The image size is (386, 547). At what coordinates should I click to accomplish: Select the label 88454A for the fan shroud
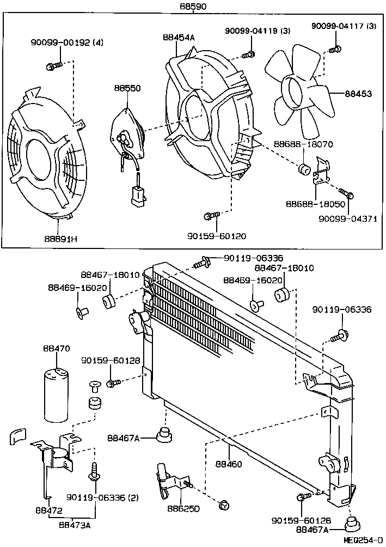coord(179,38)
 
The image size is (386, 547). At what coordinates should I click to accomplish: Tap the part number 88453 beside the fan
coord(358,94)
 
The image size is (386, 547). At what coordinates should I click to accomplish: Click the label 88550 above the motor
coord(127,88)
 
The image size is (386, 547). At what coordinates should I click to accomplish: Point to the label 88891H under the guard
coord(60,239)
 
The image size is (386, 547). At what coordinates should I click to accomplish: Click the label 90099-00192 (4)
coord(67,42)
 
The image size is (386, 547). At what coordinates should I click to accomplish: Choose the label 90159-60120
coord(217,236)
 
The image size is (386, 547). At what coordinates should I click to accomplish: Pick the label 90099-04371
coord(348,218)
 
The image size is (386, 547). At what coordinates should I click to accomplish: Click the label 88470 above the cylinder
coord(57,348)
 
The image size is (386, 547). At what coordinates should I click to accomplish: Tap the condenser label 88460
coord(229,464)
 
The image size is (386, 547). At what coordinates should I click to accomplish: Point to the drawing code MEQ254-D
coord(363,540)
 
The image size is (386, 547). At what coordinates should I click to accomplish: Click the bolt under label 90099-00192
coord(54,65)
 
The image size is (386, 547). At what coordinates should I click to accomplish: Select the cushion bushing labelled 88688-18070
coord(304,169)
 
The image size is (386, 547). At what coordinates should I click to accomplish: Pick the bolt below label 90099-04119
coord(248,54)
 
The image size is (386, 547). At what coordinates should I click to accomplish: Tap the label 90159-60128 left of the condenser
coord(111,360)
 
